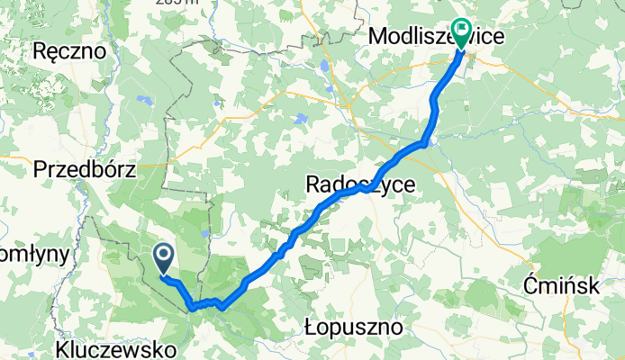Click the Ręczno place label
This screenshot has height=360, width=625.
68,51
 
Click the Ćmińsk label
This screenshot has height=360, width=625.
562,286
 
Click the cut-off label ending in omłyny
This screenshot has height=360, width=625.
32,255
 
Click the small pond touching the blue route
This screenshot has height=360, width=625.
433,139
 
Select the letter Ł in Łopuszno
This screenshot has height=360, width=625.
312,324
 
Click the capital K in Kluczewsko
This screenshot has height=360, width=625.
62,346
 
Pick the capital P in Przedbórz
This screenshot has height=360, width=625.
38,168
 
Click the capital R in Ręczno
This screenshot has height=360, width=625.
38,51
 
